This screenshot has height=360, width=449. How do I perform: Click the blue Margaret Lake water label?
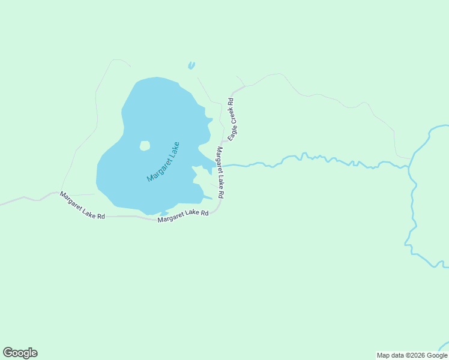163,162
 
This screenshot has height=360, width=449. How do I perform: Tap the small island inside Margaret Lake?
145,146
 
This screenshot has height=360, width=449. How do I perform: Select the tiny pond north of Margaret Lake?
191,65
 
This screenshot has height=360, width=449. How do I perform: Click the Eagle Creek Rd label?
233,119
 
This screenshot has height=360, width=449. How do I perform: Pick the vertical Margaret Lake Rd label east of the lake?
220,173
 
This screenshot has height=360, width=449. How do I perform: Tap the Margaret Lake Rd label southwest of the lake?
83,206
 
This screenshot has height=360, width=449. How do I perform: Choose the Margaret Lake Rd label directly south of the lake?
183,216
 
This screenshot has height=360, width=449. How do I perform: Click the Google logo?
20,353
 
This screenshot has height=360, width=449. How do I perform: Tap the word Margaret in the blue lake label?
158,169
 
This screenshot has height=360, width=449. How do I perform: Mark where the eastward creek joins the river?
409,167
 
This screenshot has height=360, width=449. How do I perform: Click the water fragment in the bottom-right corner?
444,347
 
